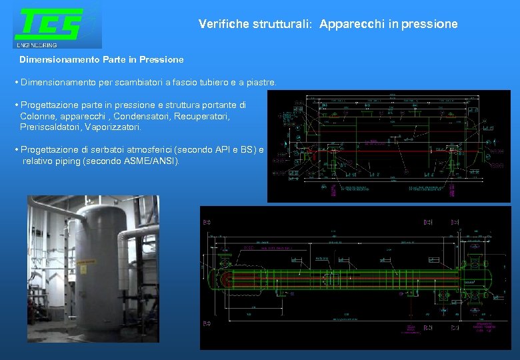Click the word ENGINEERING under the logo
click(37, 45)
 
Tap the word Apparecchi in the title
click(350, 24)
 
